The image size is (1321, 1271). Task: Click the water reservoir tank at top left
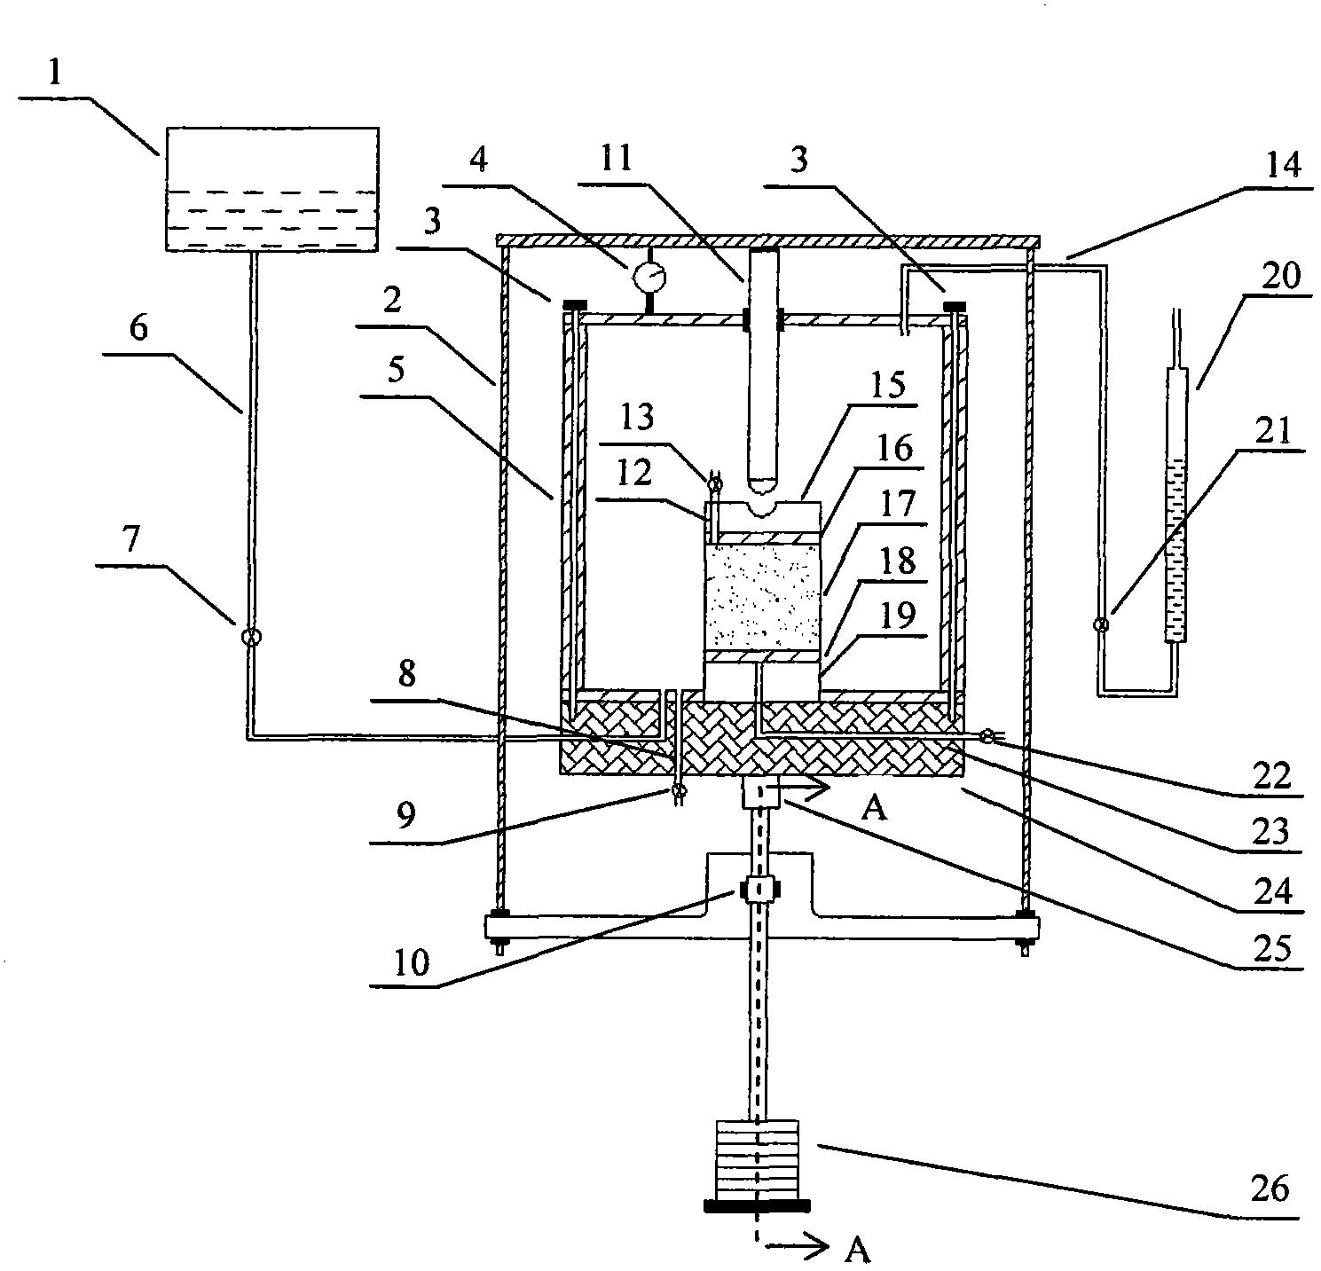[x=272, y=189]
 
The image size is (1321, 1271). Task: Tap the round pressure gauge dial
[x=649, y=276]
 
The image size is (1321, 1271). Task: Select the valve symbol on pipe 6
[x=251, y=637]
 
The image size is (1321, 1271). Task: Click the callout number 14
[x=1282, y=165]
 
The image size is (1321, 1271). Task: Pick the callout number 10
[x=412, y=961]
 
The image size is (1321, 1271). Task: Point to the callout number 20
[x=1280, y=276]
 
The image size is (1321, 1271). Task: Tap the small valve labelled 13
[x=715, y=484]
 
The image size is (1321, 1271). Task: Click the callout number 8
[x=406, y=675]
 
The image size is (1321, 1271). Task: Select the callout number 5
[x=397, y=370]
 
